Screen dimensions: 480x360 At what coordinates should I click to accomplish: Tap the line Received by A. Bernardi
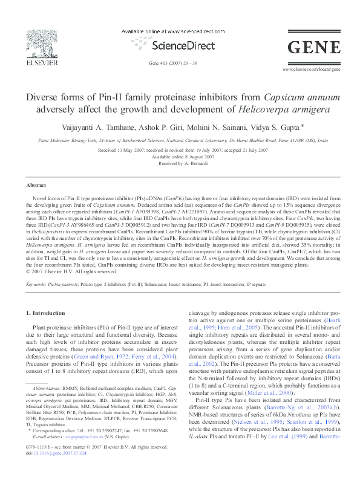tap(180, 163)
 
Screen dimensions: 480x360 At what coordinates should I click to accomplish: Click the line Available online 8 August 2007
tap(180, 157)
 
